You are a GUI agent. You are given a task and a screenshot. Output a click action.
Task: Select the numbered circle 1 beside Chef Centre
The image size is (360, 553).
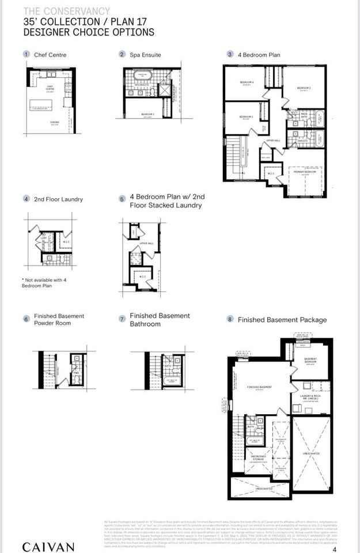(26, 55)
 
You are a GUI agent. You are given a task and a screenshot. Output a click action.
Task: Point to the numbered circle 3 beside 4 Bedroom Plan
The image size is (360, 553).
(230, 55)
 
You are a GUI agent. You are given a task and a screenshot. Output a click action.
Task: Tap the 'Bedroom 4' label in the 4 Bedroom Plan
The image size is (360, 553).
(247, 82)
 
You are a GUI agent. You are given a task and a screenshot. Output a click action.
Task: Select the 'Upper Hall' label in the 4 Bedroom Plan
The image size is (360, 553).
(273, 140)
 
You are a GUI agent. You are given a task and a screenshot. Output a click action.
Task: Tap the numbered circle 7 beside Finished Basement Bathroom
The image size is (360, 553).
(122, 319)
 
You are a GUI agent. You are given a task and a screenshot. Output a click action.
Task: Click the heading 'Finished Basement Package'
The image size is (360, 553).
(282, 320)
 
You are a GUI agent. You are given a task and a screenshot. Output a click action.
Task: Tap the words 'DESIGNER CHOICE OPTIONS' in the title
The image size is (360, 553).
(89, 32)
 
